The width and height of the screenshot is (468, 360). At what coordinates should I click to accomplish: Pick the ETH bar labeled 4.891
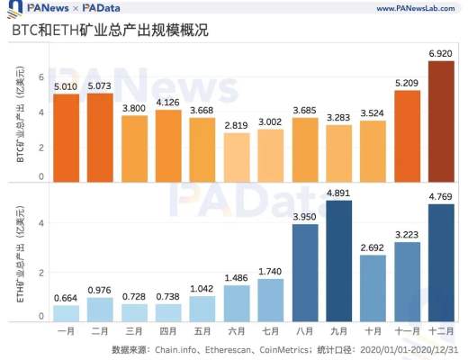coord(338,261)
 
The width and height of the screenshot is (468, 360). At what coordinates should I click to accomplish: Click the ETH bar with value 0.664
coord(66,312)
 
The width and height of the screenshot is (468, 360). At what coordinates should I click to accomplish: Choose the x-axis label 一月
coord(66,332)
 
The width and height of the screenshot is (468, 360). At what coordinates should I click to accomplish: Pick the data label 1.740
coord(270,271)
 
